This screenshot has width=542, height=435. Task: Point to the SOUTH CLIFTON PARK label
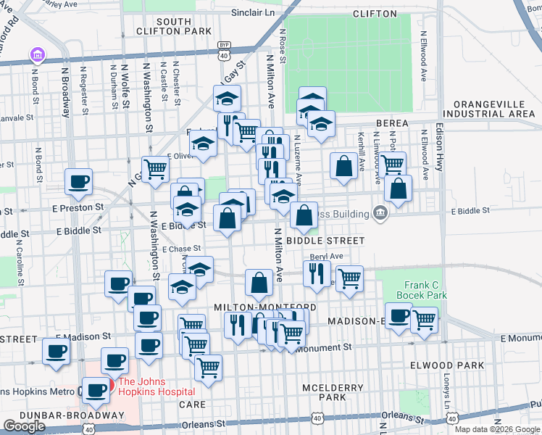[x=173, y=26]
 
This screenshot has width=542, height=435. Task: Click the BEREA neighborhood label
[x=391, y=124]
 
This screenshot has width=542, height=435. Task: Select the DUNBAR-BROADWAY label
[x=62, y=415]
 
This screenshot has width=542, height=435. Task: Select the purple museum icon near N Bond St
[x=36, y=55]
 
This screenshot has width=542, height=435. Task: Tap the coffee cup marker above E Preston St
[x=79, y=183]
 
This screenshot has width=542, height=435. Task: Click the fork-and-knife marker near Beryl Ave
[x=315, y=273]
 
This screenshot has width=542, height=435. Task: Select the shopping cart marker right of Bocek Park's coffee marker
[x=424, y=318]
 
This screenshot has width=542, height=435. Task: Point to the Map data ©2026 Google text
[x=497, y=429]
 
